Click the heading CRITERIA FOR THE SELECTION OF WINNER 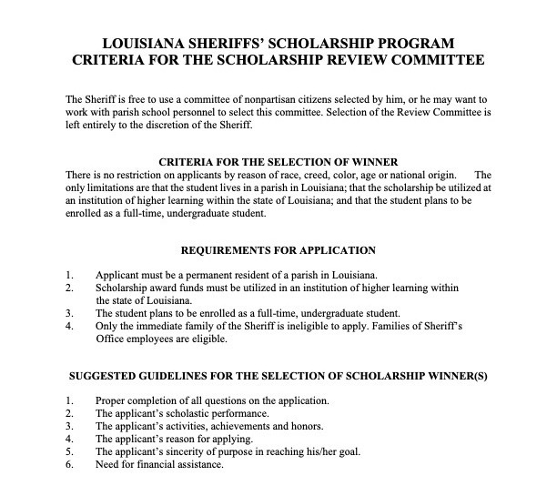(x=278, y=161)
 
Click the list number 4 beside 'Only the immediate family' (x=70, y=325)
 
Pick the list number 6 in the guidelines (x=70, y=463)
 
